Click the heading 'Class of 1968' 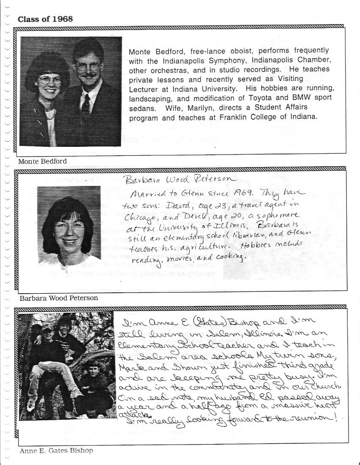pos(45,19)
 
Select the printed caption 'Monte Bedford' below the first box pos(43,161)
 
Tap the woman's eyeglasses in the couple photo pos(50,80)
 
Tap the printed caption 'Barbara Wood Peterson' pos(59,298)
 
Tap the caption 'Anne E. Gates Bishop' pos(56,451)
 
